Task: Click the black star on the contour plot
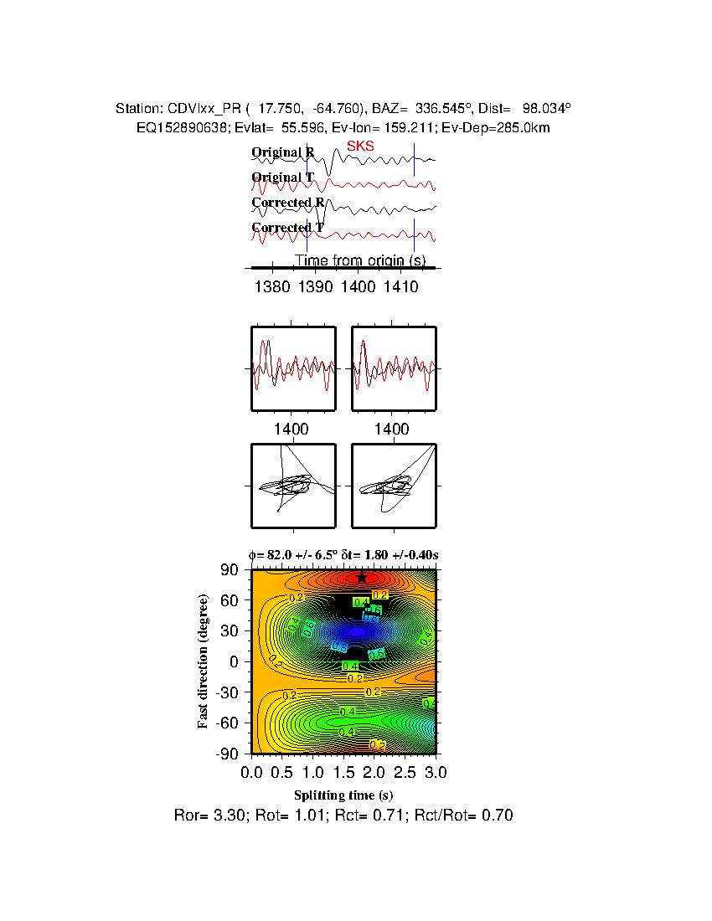click(x=361, y=577)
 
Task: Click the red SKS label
click(x=360, y=146)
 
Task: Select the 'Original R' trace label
click(x=282, y=152)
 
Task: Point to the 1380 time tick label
click(x=271, y=287)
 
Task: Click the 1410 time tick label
click(x=401, y=287)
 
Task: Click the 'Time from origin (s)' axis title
click(x=359, y=260)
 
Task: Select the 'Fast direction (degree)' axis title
click(x=204, y=661)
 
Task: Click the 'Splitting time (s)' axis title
click(x=343, y=795)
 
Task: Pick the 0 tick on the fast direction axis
click(x=237, y=661)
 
